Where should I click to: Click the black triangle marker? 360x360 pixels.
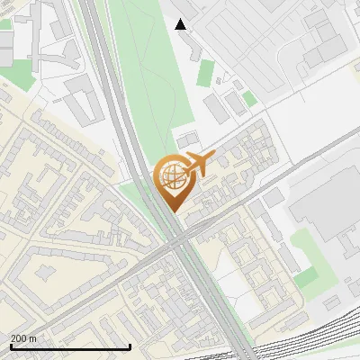(x=181, y=24)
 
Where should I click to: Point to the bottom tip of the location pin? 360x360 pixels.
(x=172, y=211)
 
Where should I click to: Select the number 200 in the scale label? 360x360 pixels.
(x=18, y=337)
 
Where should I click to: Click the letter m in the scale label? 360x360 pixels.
(x=32, y=337)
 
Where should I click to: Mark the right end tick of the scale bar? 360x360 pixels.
(x=130, y=346)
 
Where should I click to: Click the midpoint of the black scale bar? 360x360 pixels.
(x=69, y=346)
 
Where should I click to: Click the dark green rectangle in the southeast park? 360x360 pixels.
(x=307, y=276)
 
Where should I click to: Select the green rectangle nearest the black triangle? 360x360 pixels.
(x=206, y=72)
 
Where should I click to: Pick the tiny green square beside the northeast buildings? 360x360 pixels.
(x=249, y=97)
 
